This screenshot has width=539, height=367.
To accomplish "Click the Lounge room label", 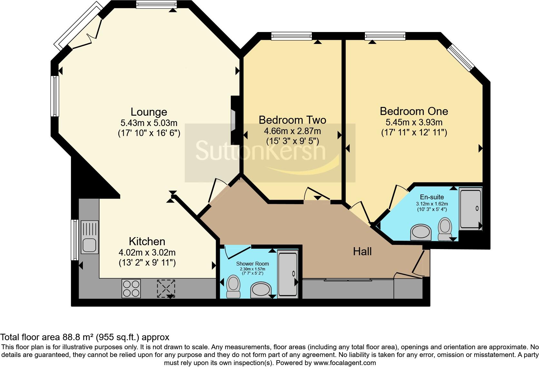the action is pyautogui.click(x=149, y=112).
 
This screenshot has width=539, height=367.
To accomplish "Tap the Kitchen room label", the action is pyautogui.click(x=147, y=241).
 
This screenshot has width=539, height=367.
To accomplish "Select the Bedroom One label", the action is pyautogui.click(x=414, y=111).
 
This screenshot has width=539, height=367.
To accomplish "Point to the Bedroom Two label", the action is pyautogui.click(x=292, y=120).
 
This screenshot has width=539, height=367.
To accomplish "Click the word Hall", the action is pyautogui.click(x=362, y=251).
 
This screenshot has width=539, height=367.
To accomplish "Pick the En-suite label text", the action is pyautogui.click(x=432, y=197).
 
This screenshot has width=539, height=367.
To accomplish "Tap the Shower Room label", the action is pyautogui.click(x=252, y=264).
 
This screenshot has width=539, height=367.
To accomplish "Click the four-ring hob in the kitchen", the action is pyautogui.click(x=131, y=288).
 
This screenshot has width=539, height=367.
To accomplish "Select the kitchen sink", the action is pyautogui.click(x=90, y=237).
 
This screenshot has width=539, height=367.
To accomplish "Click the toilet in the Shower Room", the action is pyautogui.click(x=233, y=287).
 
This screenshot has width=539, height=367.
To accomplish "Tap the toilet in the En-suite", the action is pyautogui.click(x=445, y=229).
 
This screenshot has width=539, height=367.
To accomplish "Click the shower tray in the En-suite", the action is pyautogui.click(x=470, y=209).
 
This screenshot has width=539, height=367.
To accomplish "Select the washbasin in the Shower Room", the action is pyautogui.click(x=261, y=290).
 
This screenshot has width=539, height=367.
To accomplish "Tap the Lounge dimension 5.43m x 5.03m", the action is pyautogui.click(x=149, y=123).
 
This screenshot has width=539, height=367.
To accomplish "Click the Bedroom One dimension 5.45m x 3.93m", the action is pyautogui.click(x=414, y=122).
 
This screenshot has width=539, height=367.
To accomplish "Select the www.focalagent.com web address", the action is pyautogui.click(x=345, y=363).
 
